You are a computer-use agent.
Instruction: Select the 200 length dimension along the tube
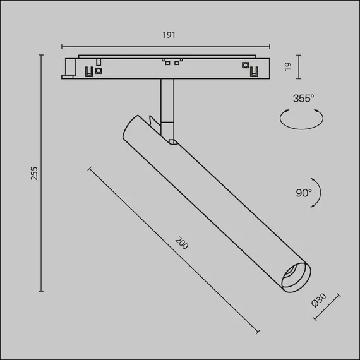tap(182, 243)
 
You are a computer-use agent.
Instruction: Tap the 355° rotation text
tap(303, 99)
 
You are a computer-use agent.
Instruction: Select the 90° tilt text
tap(303, 192)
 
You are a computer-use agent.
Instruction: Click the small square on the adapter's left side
tap(99, 71)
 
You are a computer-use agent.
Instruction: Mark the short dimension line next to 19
tap(297, 66)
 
